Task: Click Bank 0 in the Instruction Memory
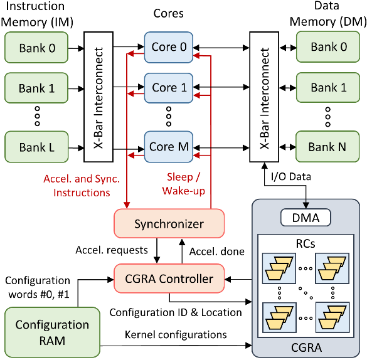[x=36, y=47]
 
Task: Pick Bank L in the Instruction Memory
[x=36, y=148]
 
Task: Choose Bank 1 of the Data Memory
[x=328, y=88]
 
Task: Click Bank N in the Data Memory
[x=328, y=148]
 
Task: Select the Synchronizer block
[x=169, y=224]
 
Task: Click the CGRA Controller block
[x=169, y=278]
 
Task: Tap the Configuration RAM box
[x=52, y=332]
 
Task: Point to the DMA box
[x=306, y=218]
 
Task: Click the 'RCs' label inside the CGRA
[x=306, y=241]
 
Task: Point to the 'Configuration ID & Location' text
[x=176, y=312]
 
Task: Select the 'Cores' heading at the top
[x=169, y=13]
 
